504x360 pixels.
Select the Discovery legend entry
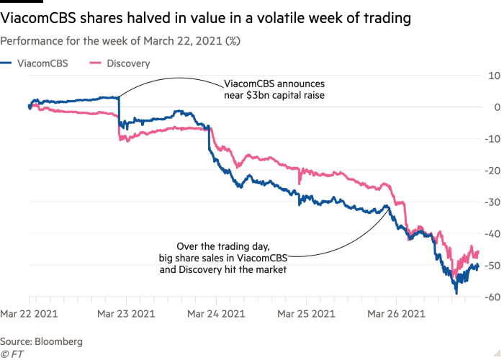[128, 63]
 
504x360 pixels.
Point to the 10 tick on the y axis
[495, 75]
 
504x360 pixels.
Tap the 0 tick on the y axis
[497, 107]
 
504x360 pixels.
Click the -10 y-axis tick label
[492, 138]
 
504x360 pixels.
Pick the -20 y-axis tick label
[492, 170]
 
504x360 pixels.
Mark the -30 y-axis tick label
[492, 202]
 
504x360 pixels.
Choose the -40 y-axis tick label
[492, 233]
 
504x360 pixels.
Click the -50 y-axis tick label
[492, 265]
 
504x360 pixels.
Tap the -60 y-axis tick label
[492, 297]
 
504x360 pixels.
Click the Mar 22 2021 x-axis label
[29, 314]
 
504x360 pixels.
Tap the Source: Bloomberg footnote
[41, 341]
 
